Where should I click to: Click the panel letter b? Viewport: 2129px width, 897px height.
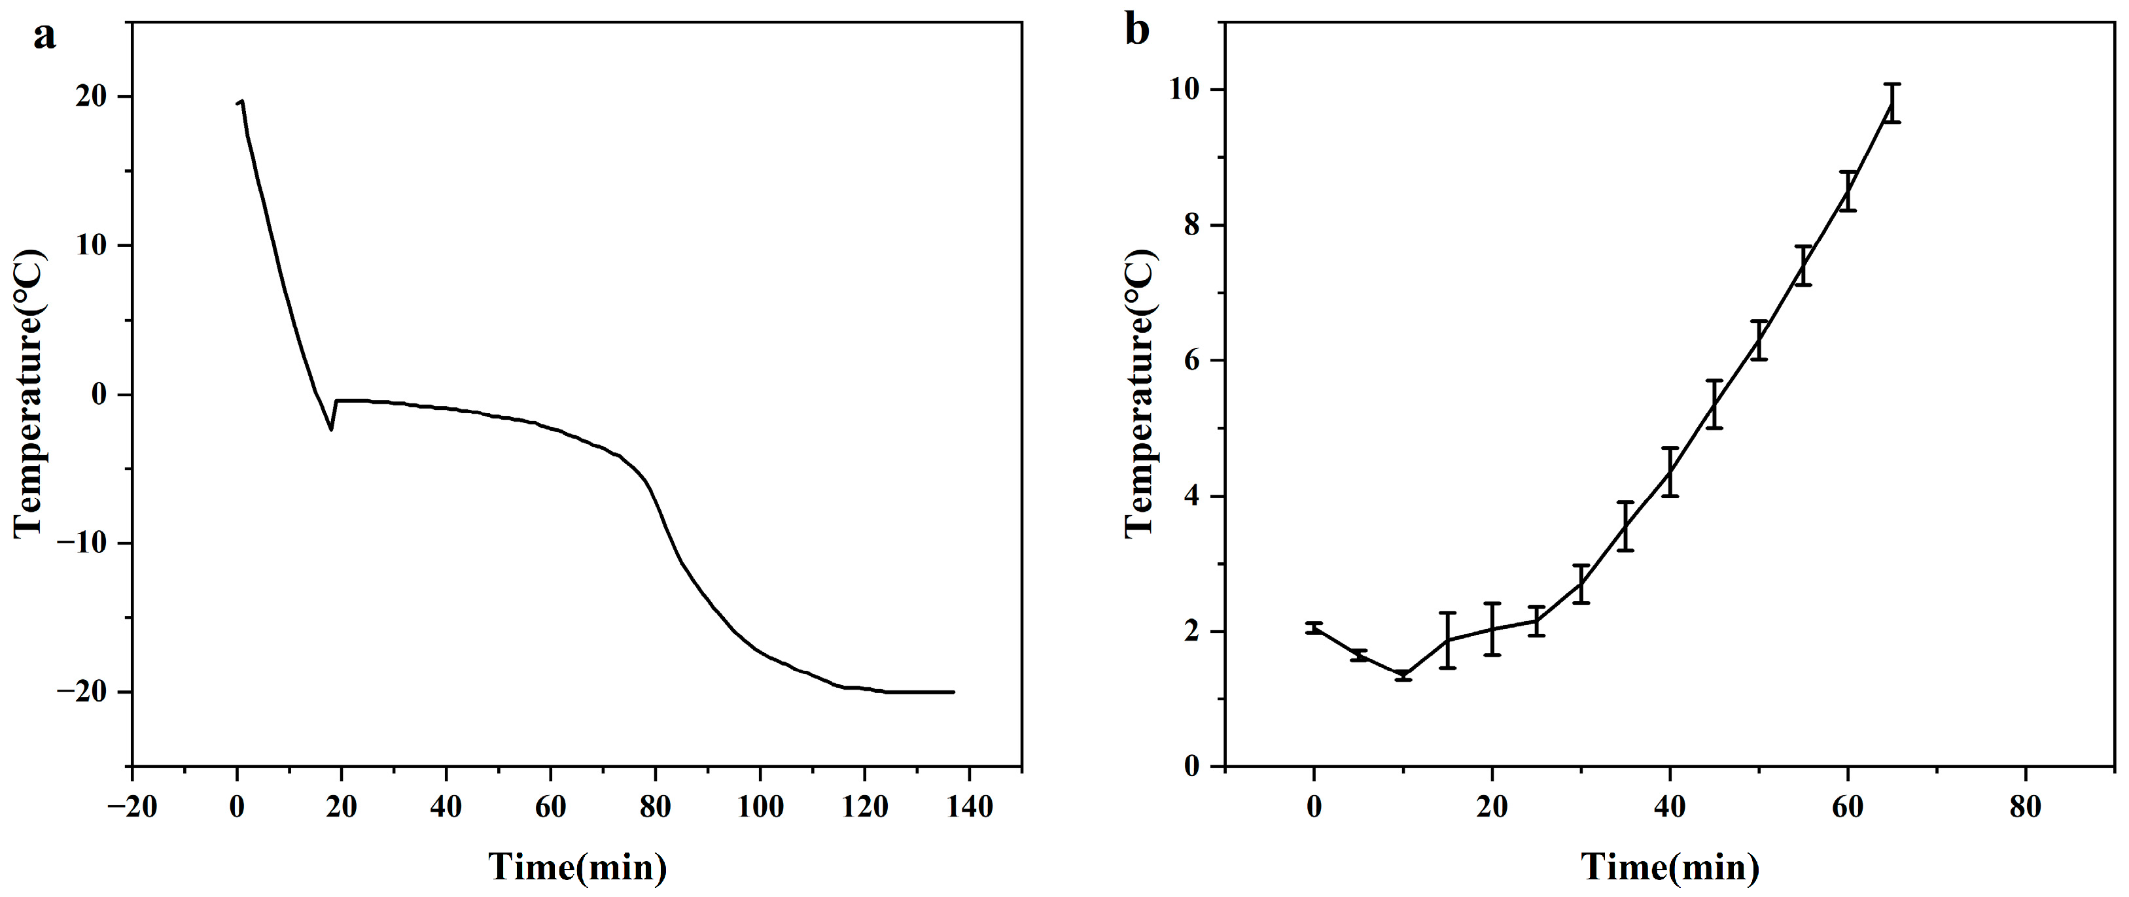1137,31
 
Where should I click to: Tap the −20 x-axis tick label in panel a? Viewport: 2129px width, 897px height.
132,807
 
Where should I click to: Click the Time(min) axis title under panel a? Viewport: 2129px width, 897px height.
577,866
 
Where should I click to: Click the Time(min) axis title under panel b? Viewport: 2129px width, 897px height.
1670,866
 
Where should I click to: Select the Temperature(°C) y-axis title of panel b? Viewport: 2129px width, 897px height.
1140,393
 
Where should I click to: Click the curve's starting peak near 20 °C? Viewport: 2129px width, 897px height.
241,101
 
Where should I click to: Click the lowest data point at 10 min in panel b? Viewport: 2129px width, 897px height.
1403,675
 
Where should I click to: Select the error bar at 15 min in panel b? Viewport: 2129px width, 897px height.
1447,640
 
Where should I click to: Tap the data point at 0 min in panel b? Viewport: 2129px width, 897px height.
1314,628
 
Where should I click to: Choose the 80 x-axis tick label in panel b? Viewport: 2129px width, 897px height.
2025,807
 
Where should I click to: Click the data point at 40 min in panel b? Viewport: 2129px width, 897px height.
1670,471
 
